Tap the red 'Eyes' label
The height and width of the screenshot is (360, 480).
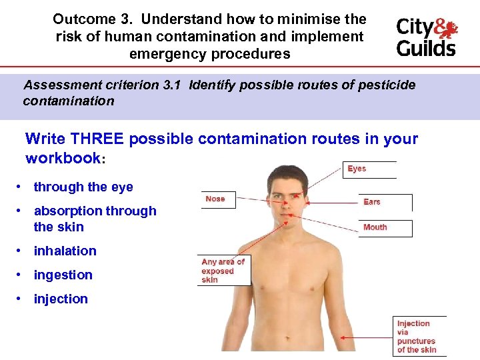click(357, 169)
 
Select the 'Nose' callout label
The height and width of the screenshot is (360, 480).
click(215, 199)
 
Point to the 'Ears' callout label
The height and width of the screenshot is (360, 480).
click(372, 202)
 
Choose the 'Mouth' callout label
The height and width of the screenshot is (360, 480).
click(375, 227)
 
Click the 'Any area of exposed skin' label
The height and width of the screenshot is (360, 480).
click(223, 271)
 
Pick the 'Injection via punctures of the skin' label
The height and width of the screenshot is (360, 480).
click(417, 336)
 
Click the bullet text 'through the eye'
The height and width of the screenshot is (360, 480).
click(83, 187)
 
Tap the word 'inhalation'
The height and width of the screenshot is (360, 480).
click(65, 251)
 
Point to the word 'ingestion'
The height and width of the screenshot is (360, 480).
click(63, 275)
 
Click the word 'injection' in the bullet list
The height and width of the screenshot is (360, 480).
click(61, 299)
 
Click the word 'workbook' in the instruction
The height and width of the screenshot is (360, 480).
click(62, 159)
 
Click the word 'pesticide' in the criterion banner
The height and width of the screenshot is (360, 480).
click(390, 85)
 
